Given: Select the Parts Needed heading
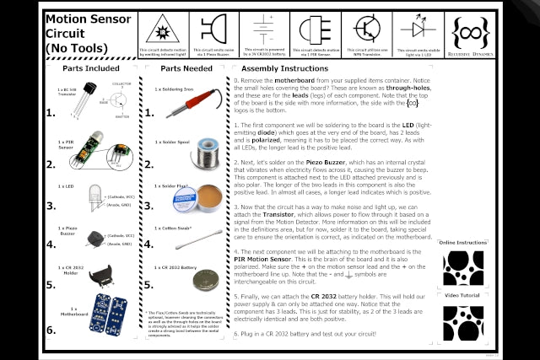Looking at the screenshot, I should (186, 68).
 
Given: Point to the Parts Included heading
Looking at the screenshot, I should (91, 68).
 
